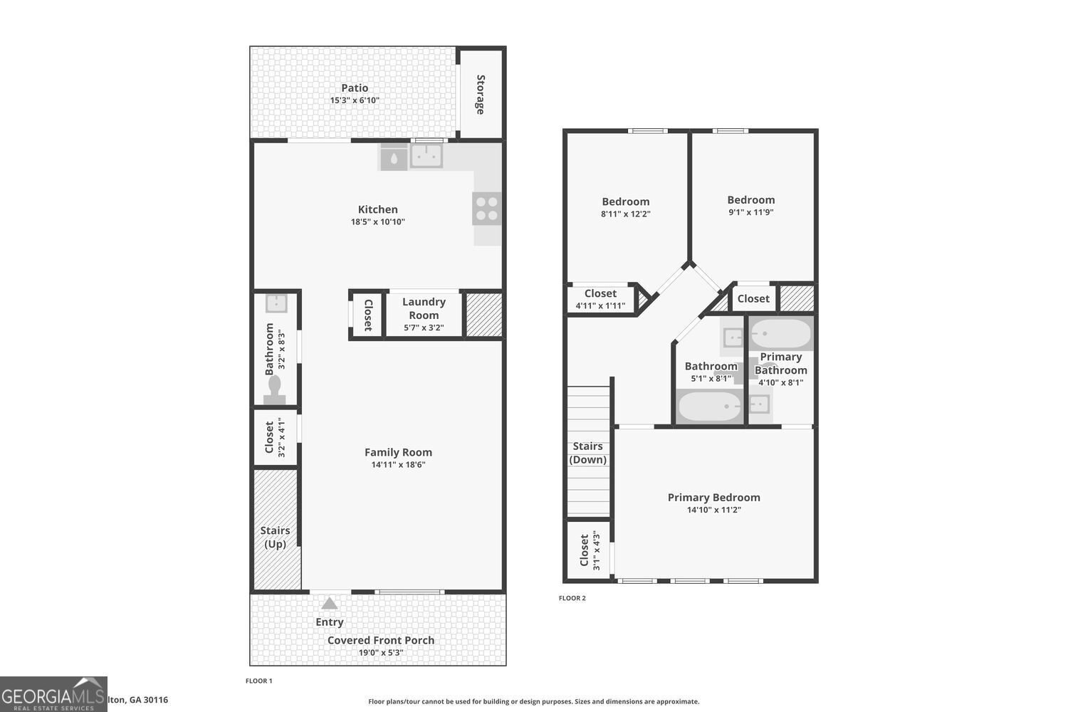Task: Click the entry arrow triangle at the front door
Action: pos(329,604)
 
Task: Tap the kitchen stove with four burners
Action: pos(487,209)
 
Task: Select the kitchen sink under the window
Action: pos(426,156)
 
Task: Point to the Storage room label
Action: pos(481,94)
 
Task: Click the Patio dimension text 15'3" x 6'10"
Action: pos(355,100)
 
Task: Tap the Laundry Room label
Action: pos(424,308)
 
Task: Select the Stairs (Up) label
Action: pos(275,537)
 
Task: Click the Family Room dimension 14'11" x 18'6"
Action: pos(398,465)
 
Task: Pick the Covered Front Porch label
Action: pos(381,640)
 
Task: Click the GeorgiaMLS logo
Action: pos(53,694)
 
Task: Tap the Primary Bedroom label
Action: pos(713,497)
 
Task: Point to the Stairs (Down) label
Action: pos(588,453)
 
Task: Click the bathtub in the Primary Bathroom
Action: pos(781,334)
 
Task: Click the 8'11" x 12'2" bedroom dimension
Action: pos(626,214)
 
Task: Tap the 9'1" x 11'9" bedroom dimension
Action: pos(751,212)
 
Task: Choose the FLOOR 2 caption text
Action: pos(572,598)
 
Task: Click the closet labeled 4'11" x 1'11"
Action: pos(600,299)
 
